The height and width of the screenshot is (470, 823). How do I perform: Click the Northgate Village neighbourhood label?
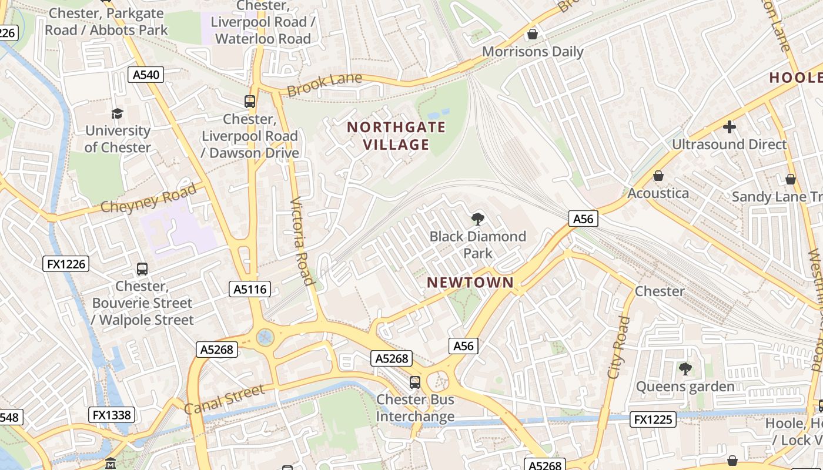pyautogui.click(x=396, y=136)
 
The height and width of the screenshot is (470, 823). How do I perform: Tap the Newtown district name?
pyautogui.click(x=470, y=282)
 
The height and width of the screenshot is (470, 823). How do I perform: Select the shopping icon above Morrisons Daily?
pyautogui.click(x=533, y=34)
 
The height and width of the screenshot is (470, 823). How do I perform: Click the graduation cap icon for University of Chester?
pyautogui.click(x=118, y=113)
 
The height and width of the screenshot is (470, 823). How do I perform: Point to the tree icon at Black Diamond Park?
pyautogui.click(x=478, y=219)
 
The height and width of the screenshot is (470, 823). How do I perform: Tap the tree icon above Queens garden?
pyautogui.click(x=685, y=369)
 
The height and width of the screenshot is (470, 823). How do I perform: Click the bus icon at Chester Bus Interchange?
pyautogui.click(x=415, y=382)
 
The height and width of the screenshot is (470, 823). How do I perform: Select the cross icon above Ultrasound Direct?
pyautogui.click(x=730, y=126)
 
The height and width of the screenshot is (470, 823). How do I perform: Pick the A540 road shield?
pyautogui.click(x=145, y=74)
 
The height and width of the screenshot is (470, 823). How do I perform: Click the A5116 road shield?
pyautogui.click(x=249, y=288)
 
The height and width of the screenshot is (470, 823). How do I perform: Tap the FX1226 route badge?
pyautogui.click(x=66, y=264)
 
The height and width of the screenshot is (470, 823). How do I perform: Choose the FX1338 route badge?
pyautogui.click(x=112, y=415)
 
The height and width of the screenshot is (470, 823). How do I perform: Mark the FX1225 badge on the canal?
pyautogui.click(x=653, y=419)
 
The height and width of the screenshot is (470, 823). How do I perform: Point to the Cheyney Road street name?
pyautogui.click(x=149, y=198)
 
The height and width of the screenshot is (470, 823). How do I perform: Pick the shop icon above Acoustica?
pyautogui.click(x=658, y=176)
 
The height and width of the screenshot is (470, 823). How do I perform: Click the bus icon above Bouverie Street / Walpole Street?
pyautogui.click(x=142, y=269)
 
